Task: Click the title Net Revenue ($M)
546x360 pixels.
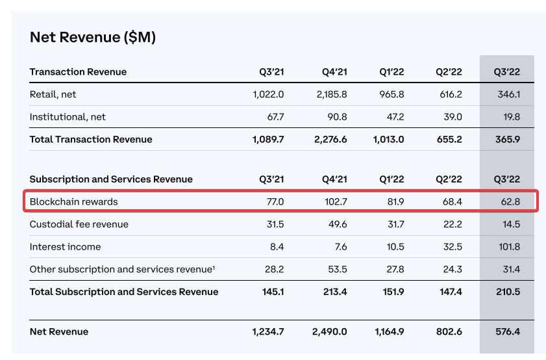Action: (x=93, y=37)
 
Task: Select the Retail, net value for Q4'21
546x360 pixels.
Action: (x=332, y=94)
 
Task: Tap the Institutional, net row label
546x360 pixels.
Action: (x=68, y=117)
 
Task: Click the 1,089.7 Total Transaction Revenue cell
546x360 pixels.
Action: (x=268, y=139)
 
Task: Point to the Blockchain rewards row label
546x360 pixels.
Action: (x=73, y=201)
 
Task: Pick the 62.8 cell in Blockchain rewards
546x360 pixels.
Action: (x=508, y=201)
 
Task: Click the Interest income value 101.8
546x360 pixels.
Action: (x=507, y=247)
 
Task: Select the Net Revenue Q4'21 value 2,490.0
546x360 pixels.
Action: (x=330, y=331)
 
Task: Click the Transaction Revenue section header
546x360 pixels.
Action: (x=78, y=71)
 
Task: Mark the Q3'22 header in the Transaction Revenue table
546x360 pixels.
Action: (x=507, y=71)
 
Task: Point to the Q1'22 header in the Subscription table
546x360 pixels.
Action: (x=391, y=179)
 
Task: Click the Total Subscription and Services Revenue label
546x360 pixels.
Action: (x=124, y=292)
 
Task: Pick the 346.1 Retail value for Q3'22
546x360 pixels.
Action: (x=508, y=94)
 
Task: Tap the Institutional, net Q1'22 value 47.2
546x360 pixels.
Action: (x=395, y=117)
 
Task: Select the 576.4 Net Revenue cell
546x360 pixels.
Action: (x=508, y=331)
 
